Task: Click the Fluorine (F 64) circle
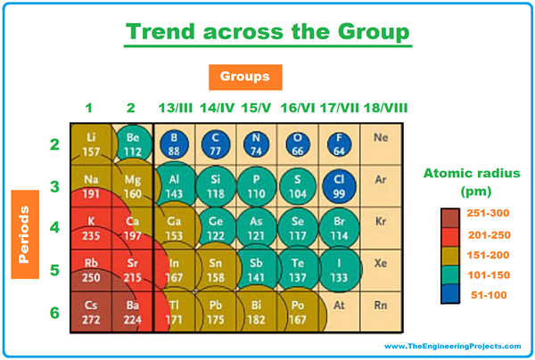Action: pyautogui.click(x=337, y=143)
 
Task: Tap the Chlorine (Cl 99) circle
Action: pyautogui.click(x=337, y=184)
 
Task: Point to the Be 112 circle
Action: pyautogui.click(x=132, y=143)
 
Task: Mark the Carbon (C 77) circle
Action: pyautogui.click(x=214, y=143)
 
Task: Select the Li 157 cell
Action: pyautogui.click(x=91, y=143)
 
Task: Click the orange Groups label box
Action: pyautogui.click(x=245, y=77)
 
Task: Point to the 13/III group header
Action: pyautogui.click(x=172, y=109)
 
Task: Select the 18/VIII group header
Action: pyautogui.click(x=383, y=109)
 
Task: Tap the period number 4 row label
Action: pyautogui.click(x=53, y=227)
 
